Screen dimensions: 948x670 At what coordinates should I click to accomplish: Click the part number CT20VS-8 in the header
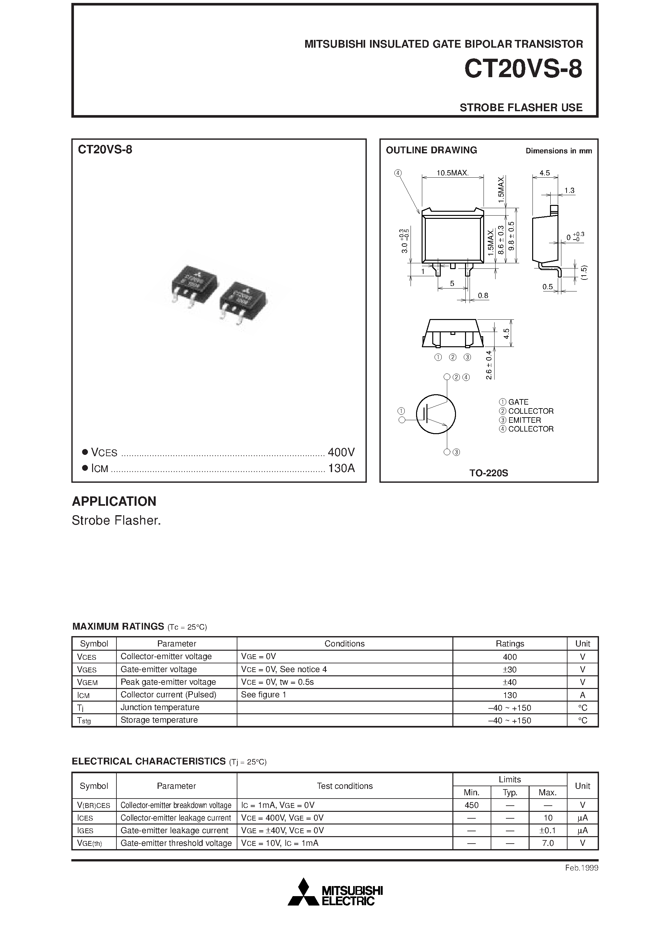[523, 69]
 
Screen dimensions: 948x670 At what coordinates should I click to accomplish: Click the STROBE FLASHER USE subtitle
[521, 107]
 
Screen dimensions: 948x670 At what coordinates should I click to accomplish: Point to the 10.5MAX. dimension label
[452, 173]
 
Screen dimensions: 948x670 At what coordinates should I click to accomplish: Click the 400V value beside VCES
[341, 453]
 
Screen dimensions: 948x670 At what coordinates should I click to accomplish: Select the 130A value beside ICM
[341, 468]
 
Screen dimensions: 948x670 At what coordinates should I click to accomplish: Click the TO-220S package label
[488, 473]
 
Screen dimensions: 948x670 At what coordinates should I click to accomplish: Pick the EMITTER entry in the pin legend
[524, 420]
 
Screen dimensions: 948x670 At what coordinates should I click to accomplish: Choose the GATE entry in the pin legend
[518, 402]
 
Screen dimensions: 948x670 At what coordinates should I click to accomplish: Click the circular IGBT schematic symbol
[436, 414]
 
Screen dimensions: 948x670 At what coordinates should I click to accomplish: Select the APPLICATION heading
[114, 501]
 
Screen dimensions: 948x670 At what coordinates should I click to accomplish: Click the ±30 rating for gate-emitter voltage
[510, 669]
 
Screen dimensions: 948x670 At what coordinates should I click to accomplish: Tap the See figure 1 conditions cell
[264, 694]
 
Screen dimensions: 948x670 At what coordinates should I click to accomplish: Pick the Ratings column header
[510, 644]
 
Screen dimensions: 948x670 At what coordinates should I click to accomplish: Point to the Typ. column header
[510, 792]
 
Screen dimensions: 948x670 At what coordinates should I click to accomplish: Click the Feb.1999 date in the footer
[581, 868]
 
